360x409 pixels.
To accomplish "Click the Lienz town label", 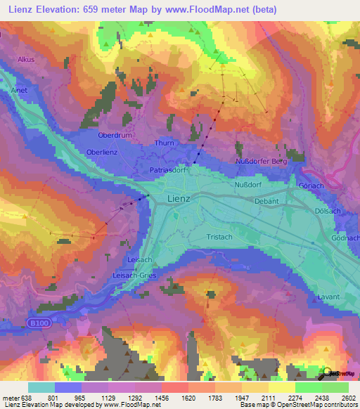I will tap(179, 199).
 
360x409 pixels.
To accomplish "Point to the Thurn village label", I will tap(163, 143).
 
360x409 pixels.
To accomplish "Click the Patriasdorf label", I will tap(167, 170).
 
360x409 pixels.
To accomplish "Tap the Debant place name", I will tap(266, 201).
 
